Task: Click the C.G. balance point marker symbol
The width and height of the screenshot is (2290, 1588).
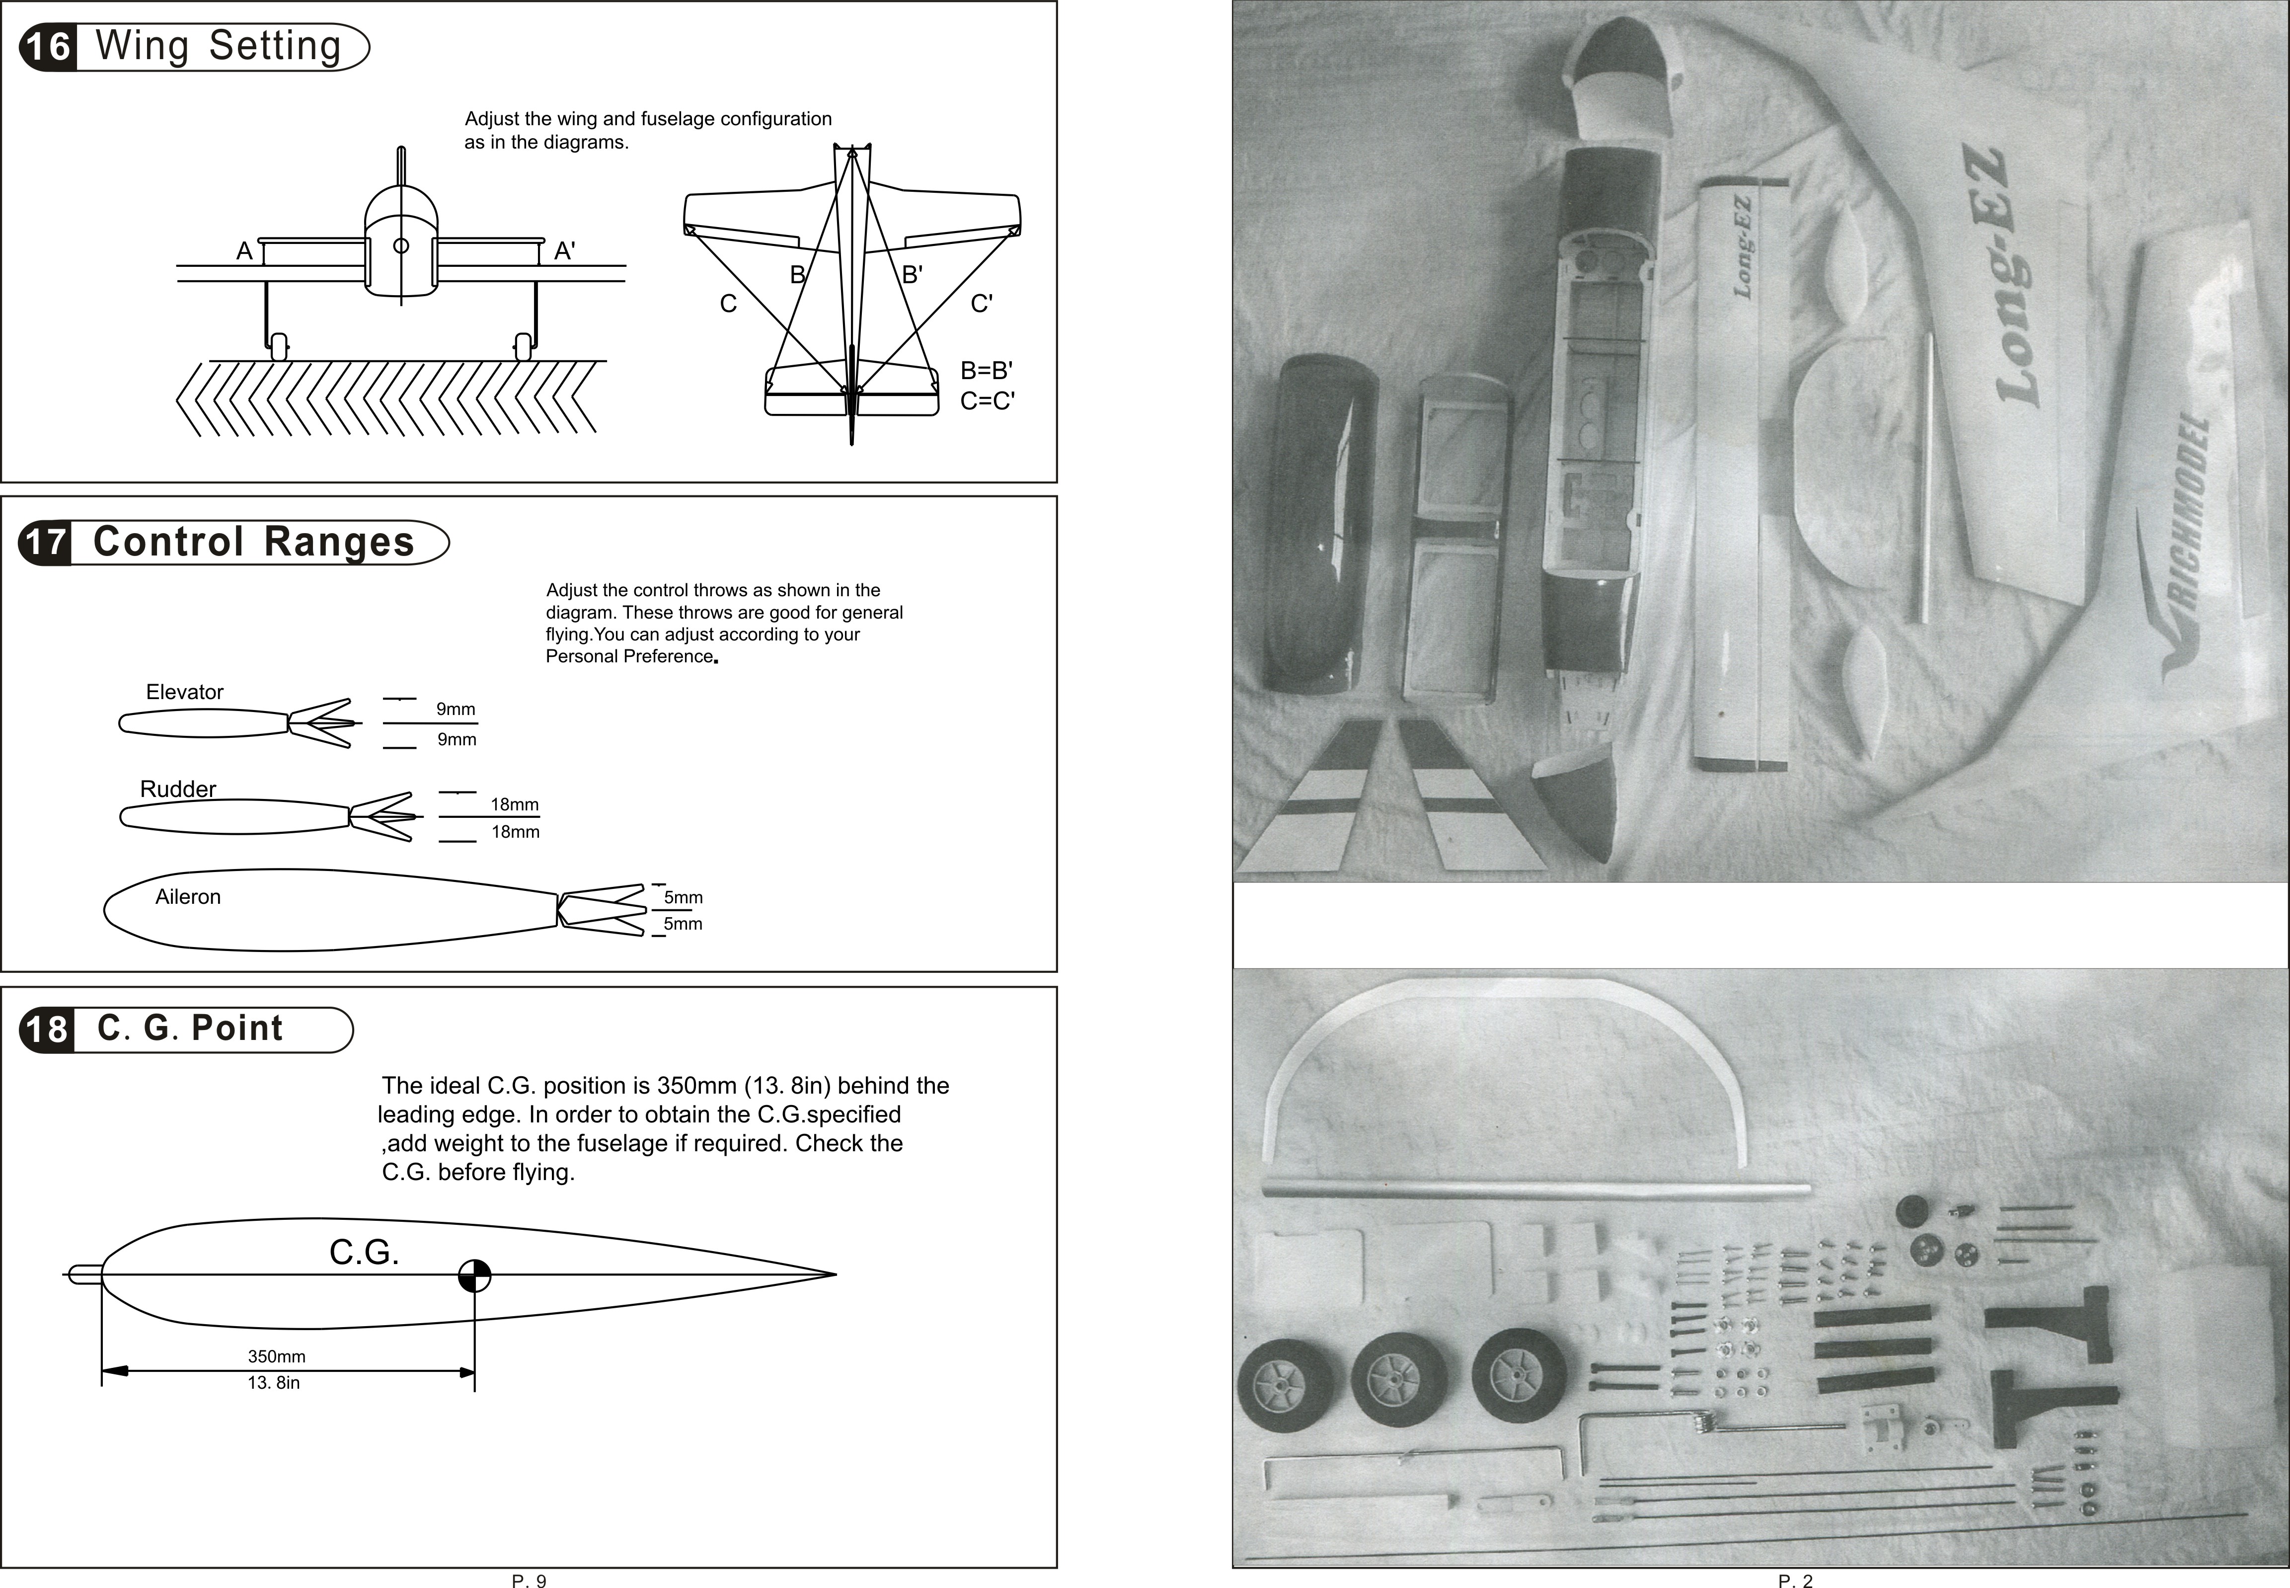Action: (x=474, y=1274)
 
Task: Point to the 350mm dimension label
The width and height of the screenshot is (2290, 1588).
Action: (x=277, y=1356)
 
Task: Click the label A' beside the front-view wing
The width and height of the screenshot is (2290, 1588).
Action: (x=564, y=252)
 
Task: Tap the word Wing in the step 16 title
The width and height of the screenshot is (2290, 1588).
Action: (x=142, y=47)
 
